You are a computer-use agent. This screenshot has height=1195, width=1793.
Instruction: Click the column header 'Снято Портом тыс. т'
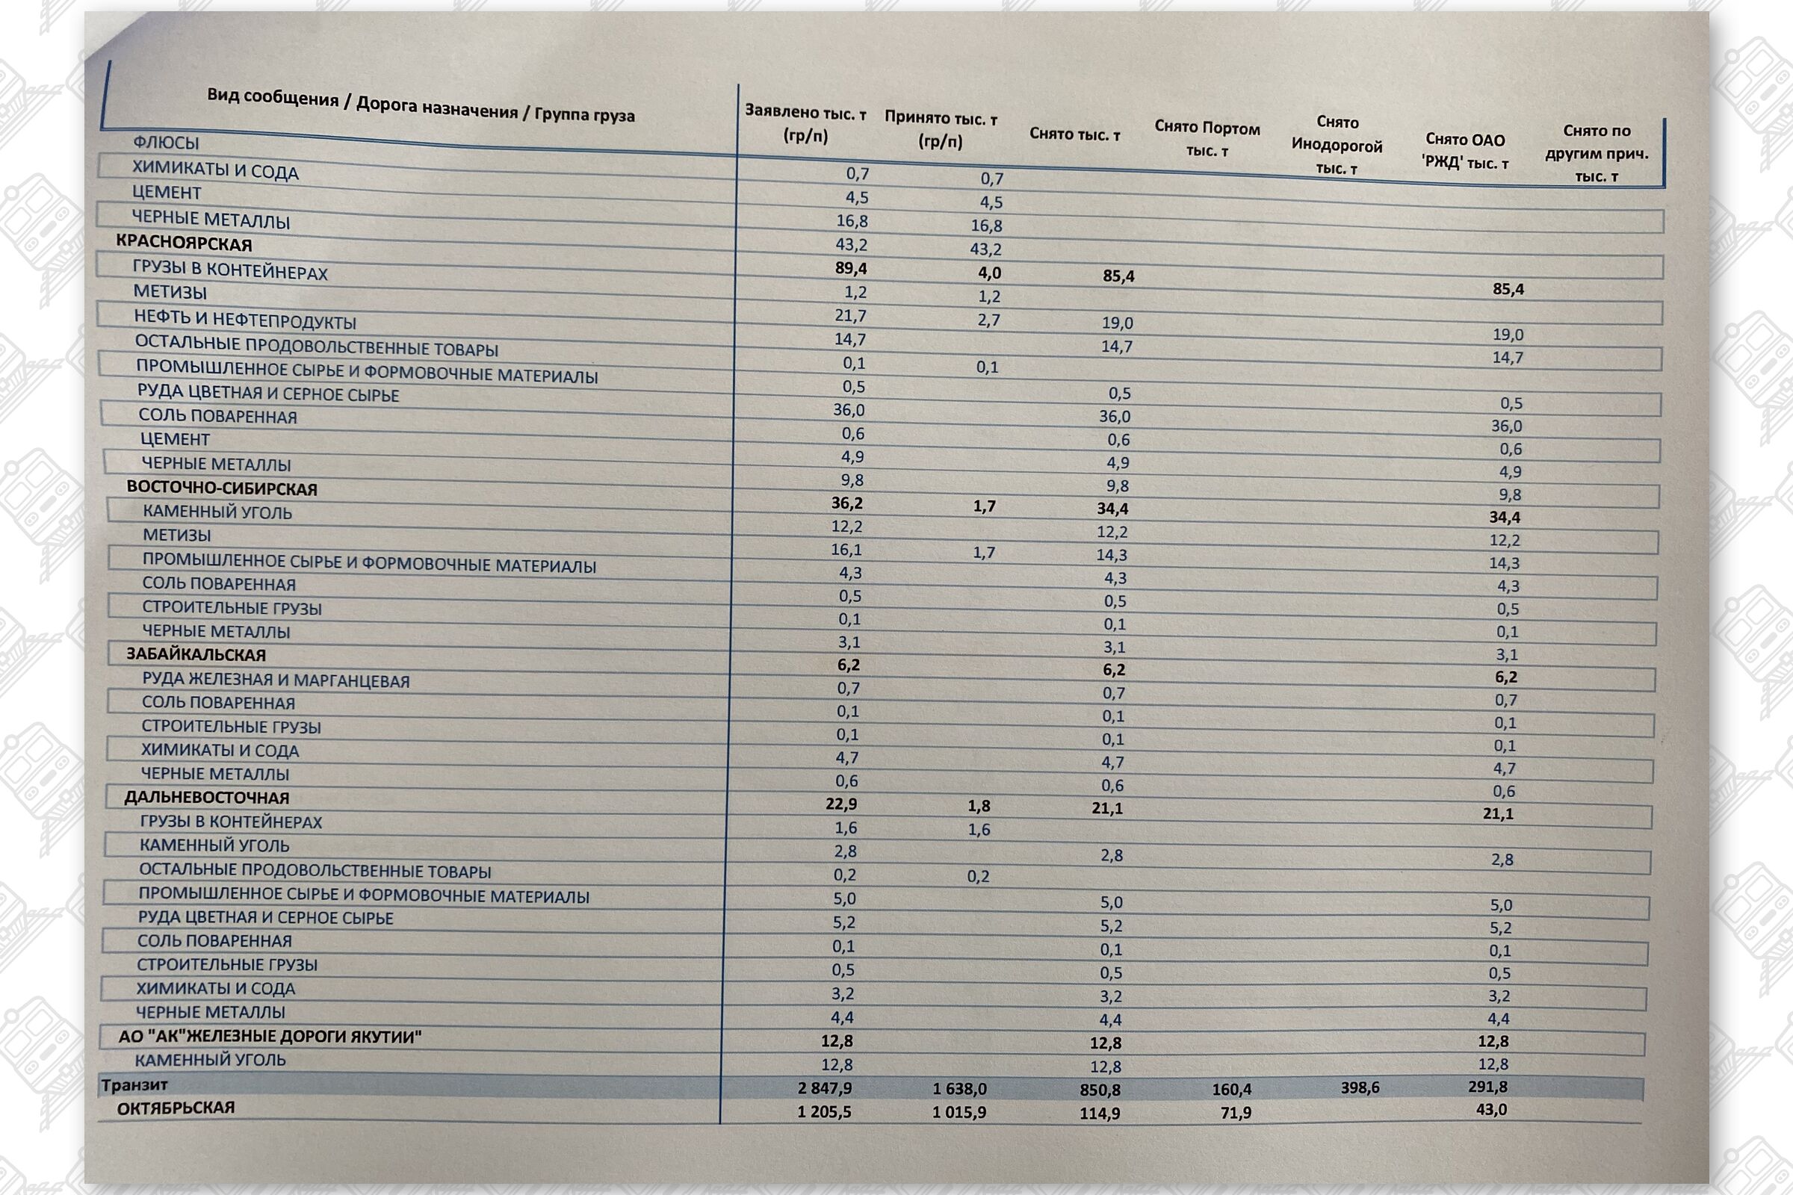coord(1207,139)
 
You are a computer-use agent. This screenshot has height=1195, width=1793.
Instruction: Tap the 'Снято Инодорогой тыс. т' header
coord(1337,146)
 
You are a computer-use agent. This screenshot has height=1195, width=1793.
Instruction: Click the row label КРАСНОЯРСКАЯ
coord(184,244)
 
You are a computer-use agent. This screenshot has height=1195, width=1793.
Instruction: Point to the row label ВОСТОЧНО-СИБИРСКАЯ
coord(222,488)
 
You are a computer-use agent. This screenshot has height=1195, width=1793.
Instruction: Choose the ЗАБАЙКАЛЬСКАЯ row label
coord(196,655)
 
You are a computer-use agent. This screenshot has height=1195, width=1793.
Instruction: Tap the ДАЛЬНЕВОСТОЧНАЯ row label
coord(207,798)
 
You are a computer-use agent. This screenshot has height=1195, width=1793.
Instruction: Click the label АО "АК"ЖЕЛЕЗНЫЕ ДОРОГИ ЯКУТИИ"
coord(270,1037)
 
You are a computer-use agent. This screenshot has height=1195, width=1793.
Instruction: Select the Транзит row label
coord(134,1084)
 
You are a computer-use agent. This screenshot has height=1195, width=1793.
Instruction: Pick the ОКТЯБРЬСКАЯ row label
coord(176,1108)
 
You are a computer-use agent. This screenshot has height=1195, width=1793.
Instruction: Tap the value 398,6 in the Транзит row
coord(1359,1087)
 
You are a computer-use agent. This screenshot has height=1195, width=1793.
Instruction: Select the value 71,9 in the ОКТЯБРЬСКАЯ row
coord(1235,1113)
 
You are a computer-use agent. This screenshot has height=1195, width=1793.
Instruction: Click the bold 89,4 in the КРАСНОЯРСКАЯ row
coord(851,268)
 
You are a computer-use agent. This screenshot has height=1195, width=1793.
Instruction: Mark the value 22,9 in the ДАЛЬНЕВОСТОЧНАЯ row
coord(841,804)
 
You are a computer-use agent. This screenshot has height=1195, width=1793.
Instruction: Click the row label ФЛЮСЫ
coord(166,143)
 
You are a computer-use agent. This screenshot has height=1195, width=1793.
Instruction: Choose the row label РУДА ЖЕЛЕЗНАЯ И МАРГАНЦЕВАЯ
coord(275,680)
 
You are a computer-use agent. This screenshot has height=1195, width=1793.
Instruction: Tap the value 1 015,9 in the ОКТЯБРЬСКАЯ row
coord(959,1113)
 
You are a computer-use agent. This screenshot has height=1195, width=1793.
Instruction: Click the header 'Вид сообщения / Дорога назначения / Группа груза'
coord(421,106)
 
